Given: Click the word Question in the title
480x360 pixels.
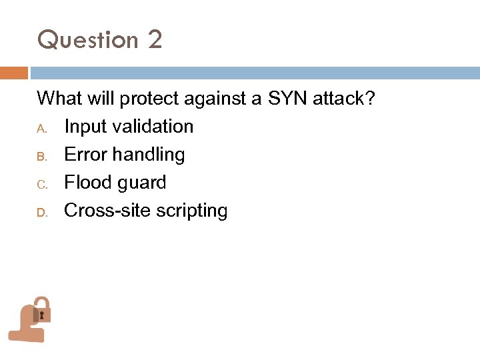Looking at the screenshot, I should pyautogui.click(x=87, y=41).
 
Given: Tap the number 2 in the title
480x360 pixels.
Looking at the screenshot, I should pyautogui.click(x=155, y=40).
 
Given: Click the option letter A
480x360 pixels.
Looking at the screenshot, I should pyautogui.click(x=40, y=127).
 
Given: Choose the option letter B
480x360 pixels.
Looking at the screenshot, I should pyautogui.click(x=40, y=155).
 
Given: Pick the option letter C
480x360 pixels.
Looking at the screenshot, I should pyautogui.click(x=40, y=183).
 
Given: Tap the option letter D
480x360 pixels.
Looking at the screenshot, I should pyautogui.click(x=40, y=211).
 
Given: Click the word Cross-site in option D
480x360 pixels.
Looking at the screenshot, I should pyautogui.click(x=107, y=211).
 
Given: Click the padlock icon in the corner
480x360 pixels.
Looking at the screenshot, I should pyautogui.click(x=43, y=309).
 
